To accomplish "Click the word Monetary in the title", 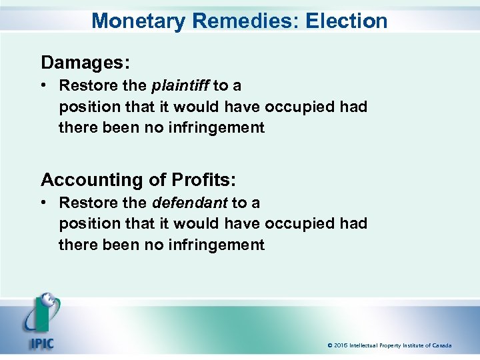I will (x=139, y=21).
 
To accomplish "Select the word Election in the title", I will (x=347, y=21).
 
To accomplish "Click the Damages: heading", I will (x=85, y=63).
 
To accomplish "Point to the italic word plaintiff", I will (x=181, y=86).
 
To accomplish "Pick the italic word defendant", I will (x=190, y=203).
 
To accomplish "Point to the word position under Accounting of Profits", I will (x=87, y=223).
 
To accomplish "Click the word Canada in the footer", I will (x=440, y=345).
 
